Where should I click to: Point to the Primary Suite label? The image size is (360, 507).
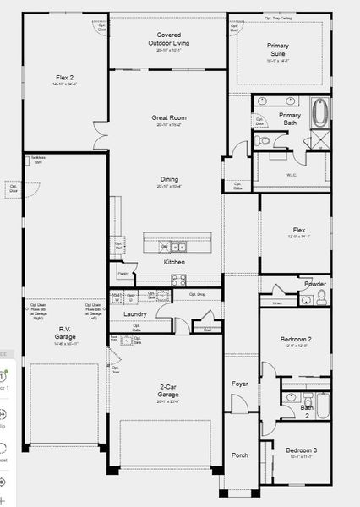click(x=278, y=48)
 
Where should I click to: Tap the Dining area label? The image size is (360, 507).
click(x=169, y=179)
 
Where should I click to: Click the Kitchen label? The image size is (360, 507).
click(x=174, y=262)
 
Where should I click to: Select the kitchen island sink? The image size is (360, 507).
click(x=178, y=247)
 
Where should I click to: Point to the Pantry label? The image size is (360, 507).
click(x=123, y=274)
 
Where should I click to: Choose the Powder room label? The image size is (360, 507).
click(x=315, y=284)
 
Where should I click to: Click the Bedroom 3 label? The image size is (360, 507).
click(x=302, y=450)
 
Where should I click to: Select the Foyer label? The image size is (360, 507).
click(x=241, y=384)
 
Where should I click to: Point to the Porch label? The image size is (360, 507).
click(x=240, y=455)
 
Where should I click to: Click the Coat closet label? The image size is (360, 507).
click(x=208, y=330)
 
